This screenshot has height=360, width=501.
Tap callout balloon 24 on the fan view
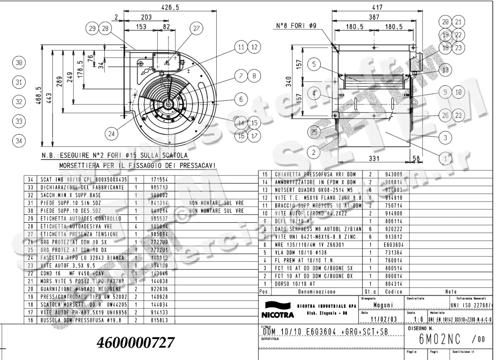click(111, 134)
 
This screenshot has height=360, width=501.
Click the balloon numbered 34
click(18, 140)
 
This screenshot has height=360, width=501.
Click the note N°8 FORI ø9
click(297, 26)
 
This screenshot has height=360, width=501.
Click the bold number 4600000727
click(135, 343)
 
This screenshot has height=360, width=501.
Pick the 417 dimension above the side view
click(374, 7)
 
